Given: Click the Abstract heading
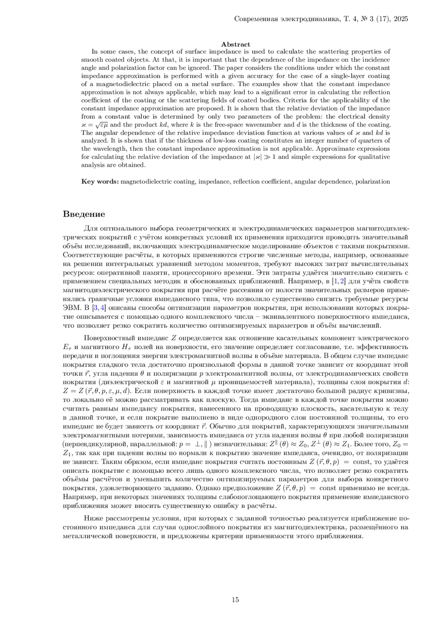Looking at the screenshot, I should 235,44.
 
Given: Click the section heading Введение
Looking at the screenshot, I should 84,214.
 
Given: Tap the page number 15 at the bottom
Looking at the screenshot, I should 235,600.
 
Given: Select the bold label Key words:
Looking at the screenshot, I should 100,181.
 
